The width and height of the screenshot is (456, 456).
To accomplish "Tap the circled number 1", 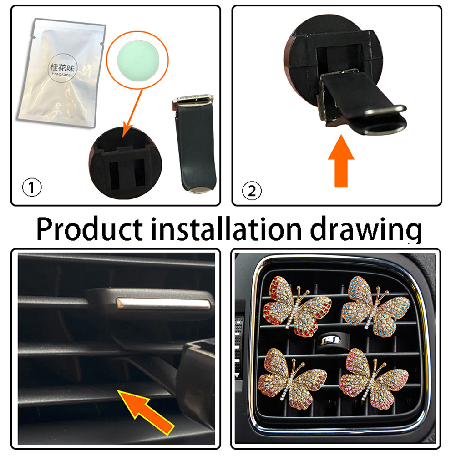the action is coord(32,187).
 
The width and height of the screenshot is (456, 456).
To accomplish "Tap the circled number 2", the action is coord(252,191).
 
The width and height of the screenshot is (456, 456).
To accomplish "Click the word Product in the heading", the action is coord(90,229).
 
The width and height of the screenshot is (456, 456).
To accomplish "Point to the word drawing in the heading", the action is coord(366,231).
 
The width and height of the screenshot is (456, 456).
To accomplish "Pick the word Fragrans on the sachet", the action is coord(61,75).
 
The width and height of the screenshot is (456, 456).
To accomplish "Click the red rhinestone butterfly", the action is coord(297,306).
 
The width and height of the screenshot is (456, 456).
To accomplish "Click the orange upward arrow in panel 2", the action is coord(341,161).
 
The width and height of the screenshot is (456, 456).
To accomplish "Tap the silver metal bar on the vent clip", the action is coord(163,304).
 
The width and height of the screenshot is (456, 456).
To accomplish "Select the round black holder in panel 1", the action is coord(125,162).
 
